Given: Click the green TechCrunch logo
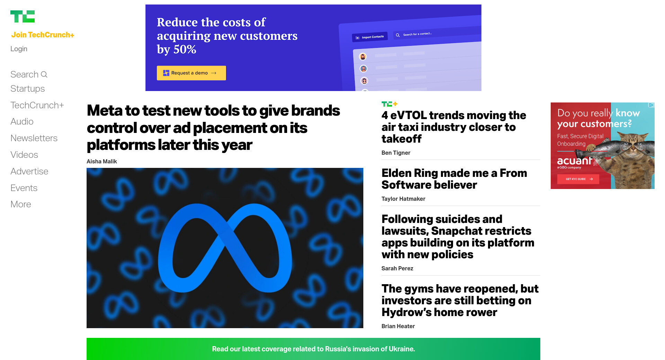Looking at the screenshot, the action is pos(23,16).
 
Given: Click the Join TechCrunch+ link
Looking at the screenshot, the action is pos(43,35).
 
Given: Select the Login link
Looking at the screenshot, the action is pos(19,49).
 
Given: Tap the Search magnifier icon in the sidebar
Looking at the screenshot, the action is pos(44,74).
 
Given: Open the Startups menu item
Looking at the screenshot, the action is pos(28,89).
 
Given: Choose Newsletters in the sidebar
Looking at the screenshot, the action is pos(34,138).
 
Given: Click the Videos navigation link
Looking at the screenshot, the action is pos(24,155).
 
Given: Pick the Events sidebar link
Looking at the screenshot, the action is pos(24,188).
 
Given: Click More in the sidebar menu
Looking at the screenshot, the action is pos(21,204).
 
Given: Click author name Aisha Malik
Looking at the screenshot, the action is pos(102,161).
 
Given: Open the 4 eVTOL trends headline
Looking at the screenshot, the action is pos(454,127).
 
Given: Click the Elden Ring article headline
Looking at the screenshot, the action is pos(454,179).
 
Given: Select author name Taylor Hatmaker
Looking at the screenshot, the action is pos(404,199).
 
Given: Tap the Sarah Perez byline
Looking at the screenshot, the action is pos(397,268).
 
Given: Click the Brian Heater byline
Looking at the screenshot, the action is pos(398,326).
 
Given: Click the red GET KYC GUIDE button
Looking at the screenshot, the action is pos(578,179).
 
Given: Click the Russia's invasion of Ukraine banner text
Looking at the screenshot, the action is pos(313,349).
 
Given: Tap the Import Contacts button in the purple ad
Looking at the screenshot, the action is pos(371,37).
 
